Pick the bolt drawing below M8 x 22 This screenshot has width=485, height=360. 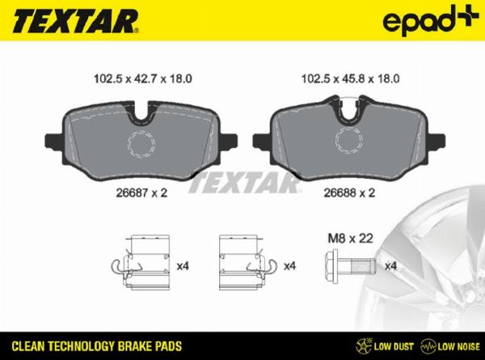[348, 265]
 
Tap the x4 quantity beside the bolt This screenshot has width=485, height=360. [391, 265]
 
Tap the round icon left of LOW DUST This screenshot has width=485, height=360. [363, 345]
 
